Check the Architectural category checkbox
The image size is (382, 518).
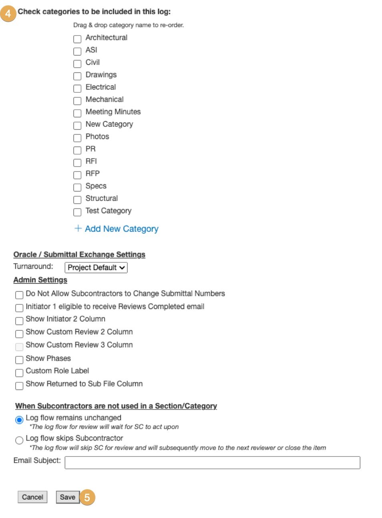[x=77, y=39]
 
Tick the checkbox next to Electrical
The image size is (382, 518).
[x=77, y=88]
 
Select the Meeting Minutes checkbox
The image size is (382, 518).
[x=77, y=113]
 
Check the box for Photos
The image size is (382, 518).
[x=77, y=138]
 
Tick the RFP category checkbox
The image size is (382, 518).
[x=77, y=175]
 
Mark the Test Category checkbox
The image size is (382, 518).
[x=77, y=212]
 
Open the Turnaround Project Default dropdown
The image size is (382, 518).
[x=96, y=267]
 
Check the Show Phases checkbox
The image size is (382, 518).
[x=19, y=360]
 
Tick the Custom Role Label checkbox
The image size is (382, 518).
[x=19, y=372]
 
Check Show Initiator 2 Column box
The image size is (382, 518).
[x=19, y=321]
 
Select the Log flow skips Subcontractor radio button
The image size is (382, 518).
[x=19, y=440]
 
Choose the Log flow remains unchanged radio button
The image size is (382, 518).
[x=19, y=420]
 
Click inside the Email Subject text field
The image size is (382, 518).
[x=212, y=462]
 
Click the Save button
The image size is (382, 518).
[x=68, y=497]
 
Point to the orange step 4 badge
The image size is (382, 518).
[x=8, y=14]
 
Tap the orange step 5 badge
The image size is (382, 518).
[x=87, y=498]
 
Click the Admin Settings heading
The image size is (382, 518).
[x=40, y=280]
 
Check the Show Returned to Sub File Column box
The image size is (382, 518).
[x=19, y=386]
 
